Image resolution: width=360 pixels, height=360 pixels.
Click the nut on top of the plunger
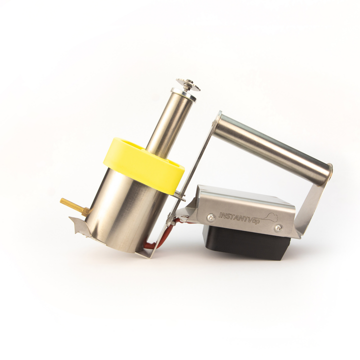click(188, 84)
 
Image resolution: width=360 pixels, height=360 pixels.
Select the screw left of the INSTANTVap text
click(211, 217)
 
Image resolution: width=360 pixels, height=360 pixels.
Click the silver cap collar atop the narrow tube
click(183, 93)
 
